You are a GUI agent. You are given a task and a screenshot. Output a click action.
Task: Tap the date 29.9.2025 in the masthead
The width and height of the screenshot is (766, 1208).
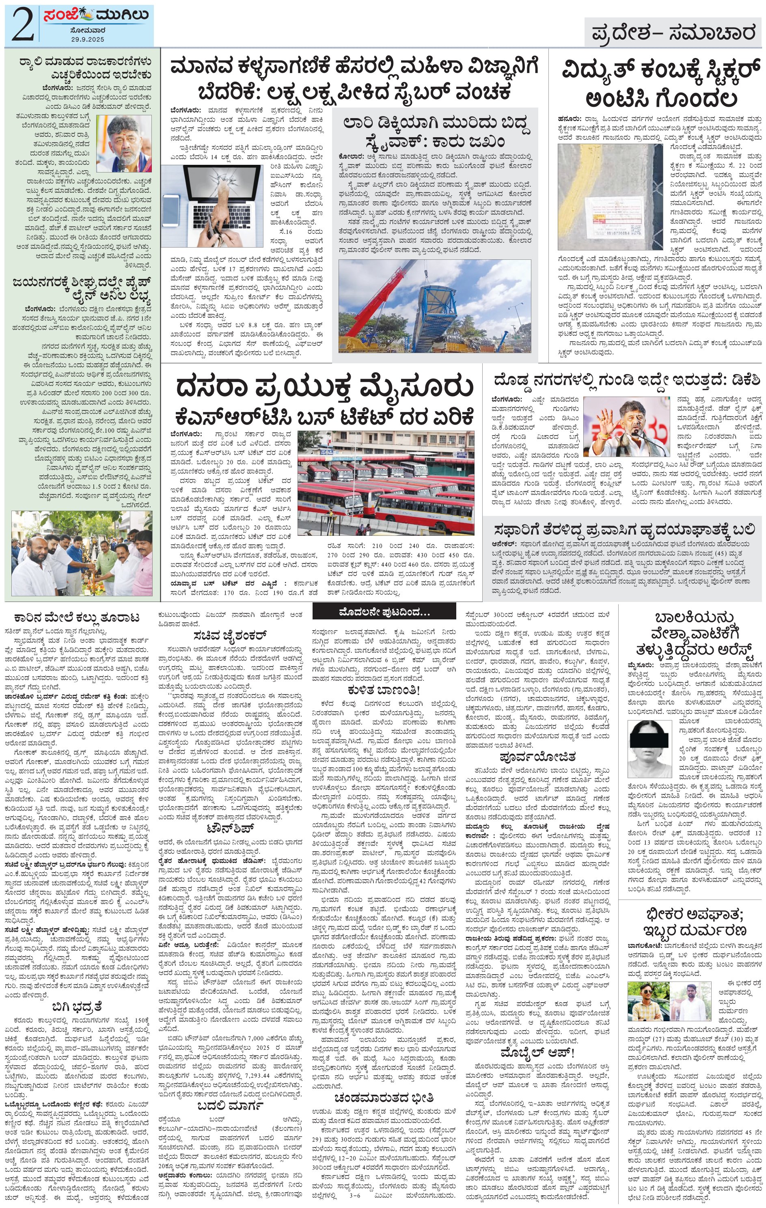click(87, 39)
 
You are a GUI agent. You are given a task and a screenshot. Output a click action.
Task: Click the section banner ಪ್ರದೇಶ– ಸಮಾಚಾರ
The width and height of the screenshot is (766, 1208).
click(673, 33)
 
